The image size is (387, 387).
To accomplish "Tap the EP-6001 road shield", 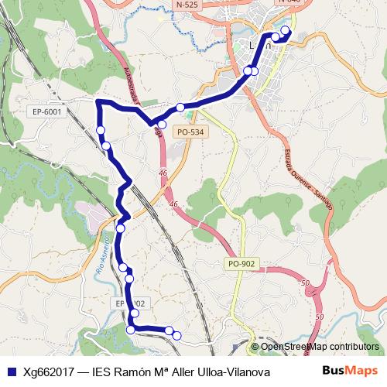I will (x=47, y=112).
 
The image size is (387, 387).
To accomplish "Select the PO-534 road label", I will (x=190, y=132).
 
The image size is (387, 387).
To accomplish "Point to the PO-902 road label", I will (x=241, y=264).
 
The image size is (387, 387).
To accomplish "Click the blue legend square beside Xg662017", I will (x=11, y=372).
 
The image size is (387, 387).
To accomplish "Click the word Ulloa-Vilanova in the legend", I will (x=231, y=372).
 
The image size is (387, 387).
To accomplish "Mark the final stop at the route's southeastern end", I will (x=176, y=335).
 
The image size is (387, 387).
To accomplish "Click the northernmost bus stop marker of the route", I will (x=285, y=31).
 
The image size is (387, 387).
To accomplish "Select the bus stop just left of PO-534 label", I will (x=162, y=124).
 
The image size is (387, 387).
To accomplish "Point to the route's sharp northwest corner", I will (x=97, y=103).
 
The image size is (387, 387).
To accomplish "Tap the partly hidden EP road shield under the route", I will (x=124, y=303).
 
